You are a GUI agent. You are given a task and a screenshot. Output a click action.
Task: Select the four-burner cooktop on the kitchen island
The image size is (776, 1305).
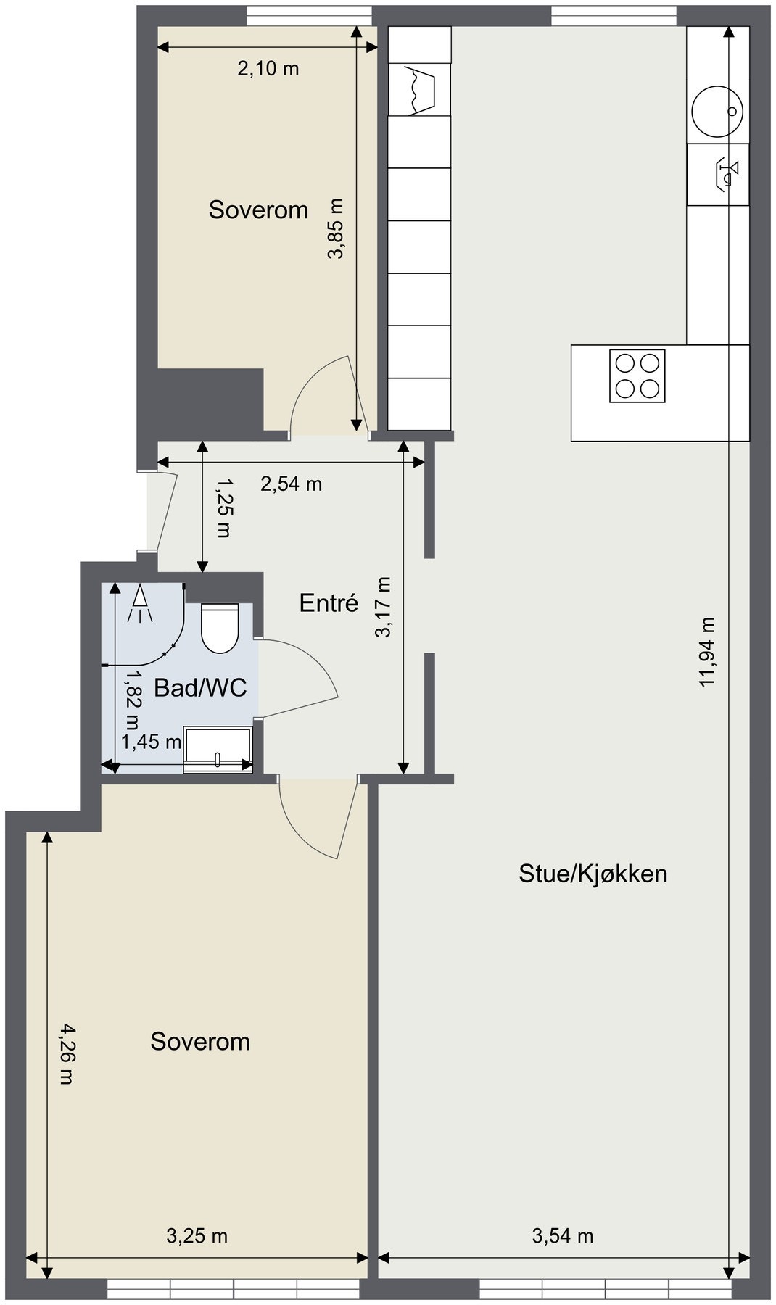pyautogui.click(x=637, y=376)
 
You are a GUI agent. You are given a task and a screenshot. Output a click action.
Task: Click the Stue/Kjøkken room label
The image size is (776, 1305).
pyautogui.click(x=593, y=874)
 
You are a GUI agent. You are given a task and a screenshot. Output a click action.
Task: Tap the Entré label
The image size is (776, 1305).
pyautogui.click(x=329, y=602)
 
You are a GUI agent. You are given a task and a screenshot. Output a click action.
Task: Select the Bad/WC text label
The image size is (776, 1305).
pyautogui.click(x=200, y=687)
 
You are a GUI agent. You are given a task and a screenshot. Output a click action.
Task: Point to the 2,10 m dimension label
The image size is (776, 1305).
pyautogui.click(x=268, y=69)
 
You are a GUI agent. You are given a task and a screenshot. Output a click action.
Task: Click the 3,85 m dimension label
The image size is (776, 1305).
pyautogui.click(x=337, y=228)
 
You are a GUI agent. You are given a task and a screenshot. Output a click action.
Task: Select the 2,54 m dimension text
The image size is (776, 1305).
pyautogui.click(x=292, y=484)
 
